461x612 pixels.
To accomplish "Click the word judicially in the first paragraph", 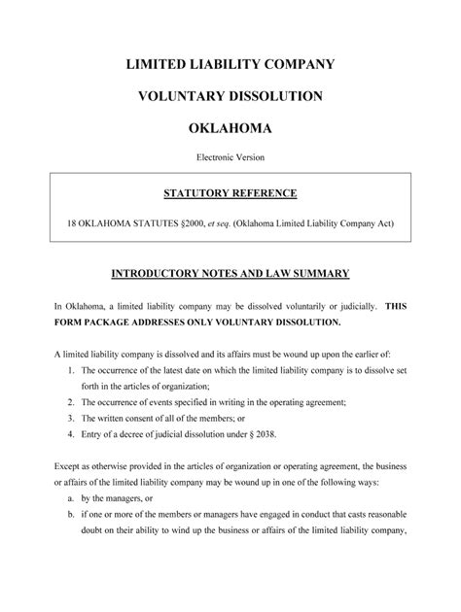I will click(349, 305).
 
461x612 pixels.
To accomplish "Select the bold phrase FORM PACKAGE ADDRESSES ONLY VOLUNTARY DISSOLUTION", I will click(198, 322).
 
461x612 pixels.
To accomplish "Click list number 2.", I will click(72, 402).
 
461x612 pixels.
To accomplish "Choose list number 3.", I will click(72, 419).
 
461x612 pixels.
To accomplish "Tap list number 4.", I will click(72, 434).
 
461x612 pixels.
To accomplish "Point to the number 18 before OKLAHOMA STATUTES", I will click(70, 222).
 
